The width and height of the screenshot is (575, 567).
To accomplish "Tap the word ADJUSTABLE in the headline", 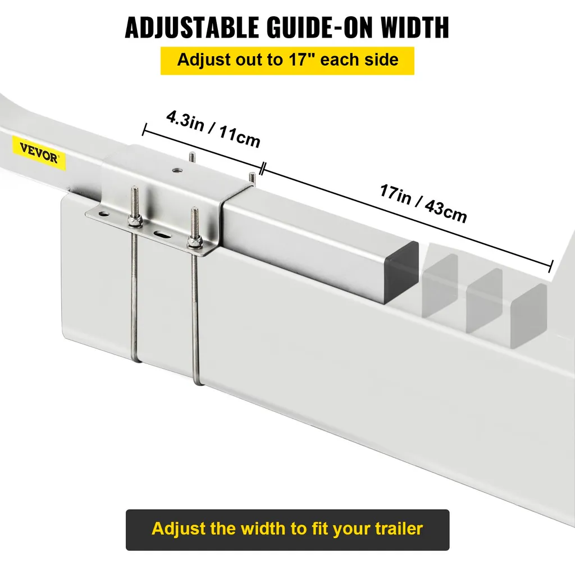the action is coord(192,27).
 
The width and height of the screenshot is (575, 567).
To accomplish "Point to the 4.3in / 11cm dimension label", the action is coord(213,129).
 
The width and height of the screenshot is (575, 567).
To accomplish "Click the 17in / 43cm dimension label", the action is coord(423,203).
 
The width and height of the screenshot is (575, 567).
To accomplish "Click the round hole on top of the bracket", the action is coord(178,170).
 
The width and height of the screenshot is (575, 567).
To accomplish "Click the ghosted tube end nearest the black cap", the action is coord(440,285).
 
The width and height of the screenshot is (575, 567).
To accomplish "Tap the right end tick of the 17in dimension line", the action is coord(550,266).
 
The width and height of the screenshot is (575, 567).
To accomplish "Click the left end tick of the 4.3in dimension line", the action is coord(144,130).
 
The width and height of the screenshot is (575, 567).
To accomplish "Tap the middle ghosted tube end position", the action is coord(485,301).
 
